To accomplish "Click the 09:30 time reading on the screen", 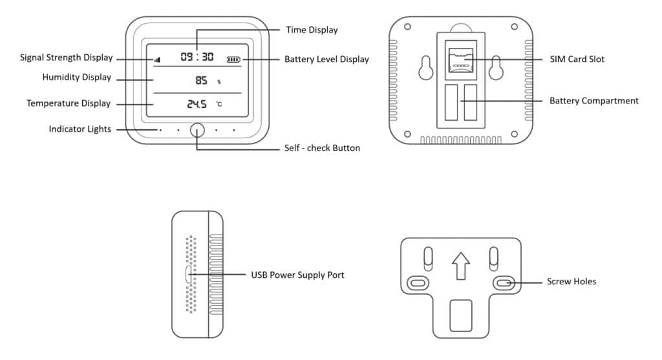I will point(197,57).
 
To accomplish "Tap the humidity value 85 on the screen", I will point(201,81).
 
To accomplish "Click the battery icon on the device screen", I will point(233,59).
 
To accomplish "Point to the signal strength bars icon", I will point(157,59).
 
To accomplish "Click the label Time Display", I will point(312,30).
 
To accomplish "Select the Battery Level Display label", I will point(326,59).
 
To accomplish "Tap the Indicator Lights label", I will point(80,129).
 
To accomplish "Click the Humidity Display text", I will point(76,78).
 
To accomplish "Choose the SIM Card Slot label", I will point(577,59).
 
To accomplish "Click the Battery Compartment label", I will point(593,101).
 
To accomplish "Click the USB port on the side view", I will point(187,275).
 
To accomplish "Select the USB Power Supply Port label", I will point(297,275).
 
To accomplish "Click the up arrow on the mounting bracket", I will point(460,266).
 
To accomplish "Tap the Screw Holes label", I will point(571,282).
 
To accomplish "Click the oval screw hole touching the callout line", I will point(504,282).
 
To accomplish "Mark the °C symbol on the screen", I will point(219,104).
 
